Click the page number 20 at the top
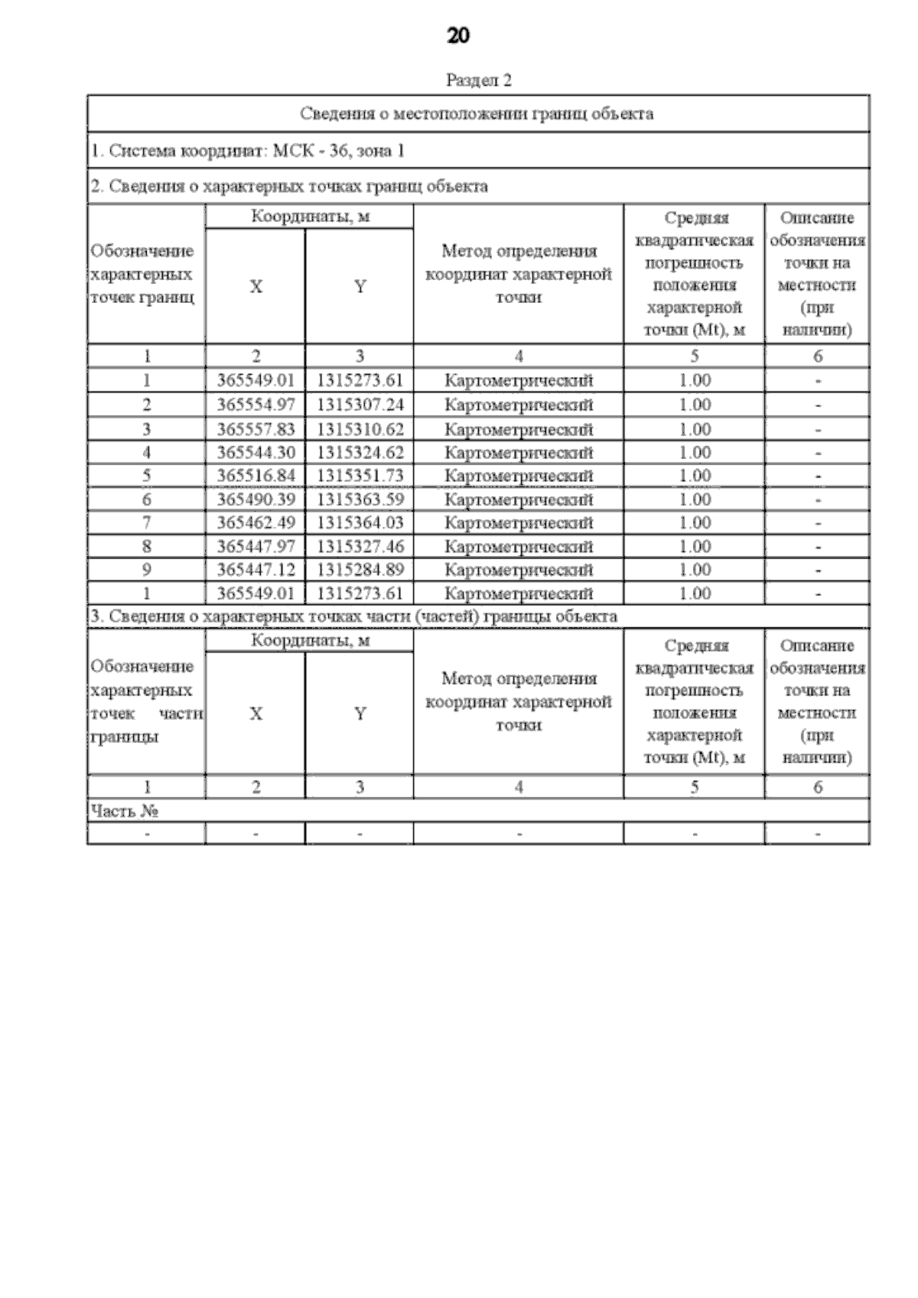[457, 36]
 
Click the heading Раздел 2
[478, 80]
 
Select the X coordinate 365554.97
[256, 405]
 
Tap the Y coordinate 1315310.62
[360, 429]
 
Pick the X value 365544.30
[256, 453]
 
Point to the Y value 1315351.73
[360, 476]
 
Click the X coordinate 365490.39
[256, 499]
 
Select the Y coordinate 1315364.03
[360, 523]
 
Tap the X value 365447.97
[256, 547]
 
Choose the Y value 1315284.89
[360, 570]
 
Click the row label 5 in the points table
[146, 476]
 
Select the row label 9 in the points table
[146, 570]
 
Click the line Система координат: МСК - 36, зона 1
[248, 151]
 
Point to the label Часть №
[124, 811]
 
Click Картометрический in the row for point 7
[519, 523]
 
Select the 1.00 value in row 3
[695, 429]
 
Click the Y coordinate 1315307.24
[360, 405]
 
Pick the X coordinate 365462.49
[256, 523]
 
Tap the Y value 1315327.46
[360, 547]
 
